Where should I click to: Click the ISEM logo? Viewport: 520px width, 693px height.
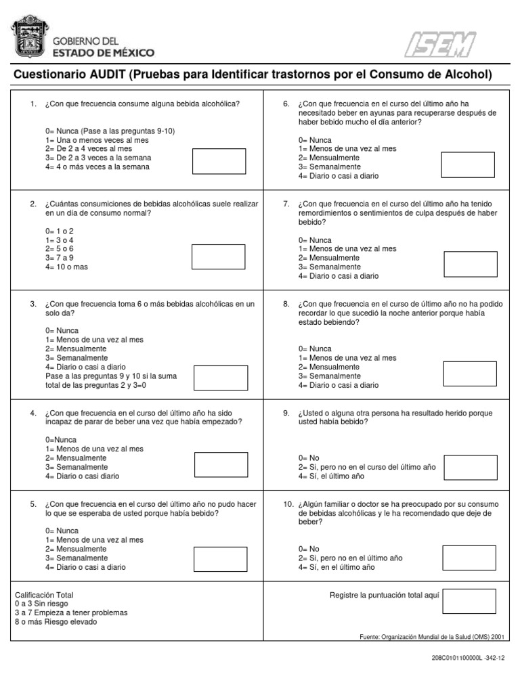coord(440,45)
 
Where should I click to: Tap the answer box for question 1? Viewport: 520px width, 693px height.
coord(219,160)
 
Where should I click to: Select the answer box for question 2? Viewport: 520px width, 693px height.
coord(219,257)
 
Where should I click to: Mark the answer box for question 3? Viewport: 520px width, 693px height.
coord(220,378)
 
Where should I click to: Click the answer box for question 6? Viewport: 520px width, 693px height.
coord(468,164)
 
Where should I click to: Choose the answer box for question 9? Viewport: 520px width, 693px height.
coord(469,466)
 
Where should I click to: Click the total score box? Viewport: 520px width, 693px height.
coord(469,601)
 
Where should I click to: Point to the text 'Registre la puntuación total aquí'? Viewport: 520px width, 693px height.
coord(385,595)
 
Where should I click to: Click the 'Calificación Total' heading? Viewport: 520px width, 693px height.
coord(44,595)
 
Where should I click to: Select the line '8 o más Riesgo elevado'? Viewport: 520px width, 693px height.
coord(56,621)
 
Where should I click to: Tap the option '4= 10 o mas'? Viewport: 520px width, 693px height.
coord(66,267)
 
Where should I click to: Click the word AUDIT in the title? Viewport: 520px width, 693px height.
coord(106,74)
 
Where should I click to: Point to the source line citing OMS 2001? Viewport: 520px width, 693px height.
coord(433,636)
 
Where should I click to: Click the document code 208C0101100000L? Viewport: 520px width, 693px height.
coord(456,658)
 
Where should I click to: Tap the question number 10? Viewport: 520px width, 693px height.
coord(288,504)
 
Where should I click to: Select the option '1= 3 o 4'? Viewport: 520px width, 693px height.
coord(60,240)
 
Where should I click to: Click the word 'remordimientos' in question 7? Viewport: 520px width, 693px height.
coord(322,213)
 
